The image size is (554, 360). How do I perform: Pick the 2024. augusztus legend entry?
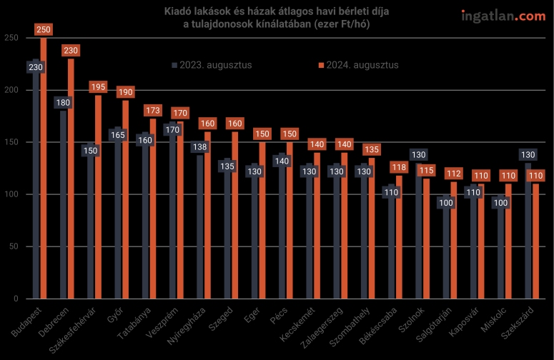pos(357,65)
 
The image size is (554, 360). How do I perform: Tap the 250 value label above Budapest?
pos(44,29)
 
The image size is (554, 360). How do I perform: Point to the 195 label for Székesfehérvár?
pos(99,87)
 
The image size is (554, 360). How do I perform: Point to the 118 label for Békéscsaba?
pos(399,167)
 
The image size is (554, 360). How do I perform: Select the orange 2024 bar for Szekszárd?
pos(535,243)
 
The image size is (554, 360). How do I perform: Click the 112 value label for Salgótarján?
pos(453,174)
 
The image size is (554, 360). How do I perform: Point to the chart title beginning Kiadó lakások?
pos(275,19)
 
